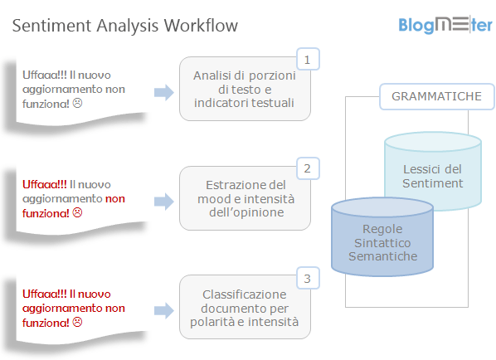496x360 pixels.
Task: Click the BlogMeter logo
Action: tap(445, 24)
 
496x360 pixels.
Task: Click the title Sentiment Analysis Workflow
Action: tap(125, 26)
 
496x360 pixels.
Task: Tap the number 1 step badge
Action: tap(308, 60)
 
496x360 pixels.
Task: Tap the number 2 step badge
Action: tap(308, 169)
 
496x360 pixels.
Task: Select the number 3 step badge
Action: tap(308, 279)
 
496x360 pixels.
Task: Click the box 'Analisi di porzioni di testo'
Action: tap(245, 90)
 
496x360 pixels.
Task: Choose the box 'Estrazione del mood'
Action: tap(245, 198)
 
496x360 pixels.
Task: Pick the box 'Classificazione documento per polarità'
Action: tap(245, 308)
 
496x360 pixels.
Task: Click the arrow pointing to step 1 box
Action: tap(164, 92)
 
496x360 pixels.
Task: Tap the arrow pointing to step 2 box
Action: tap(164, 201)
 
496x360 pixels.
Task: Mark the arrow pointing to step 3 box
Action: tap(164, 309)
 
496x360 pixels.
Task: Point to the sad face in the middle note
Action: tap(78, 213)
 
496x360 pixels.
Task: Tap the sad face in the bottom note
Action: tap(78, 323)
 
